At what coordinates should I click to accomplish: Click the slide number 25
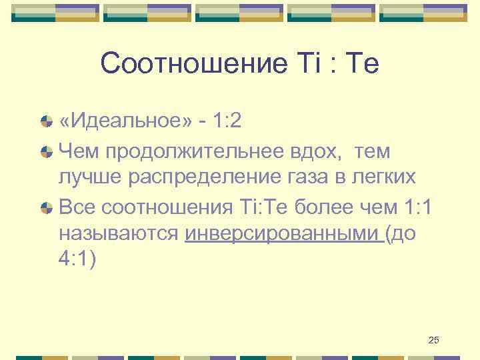[x=433, y=341]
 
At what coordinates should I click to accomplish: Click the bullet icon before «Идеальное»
[x=46, y=122]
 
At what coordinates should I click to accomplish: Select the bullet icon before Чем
[x=46, y=153]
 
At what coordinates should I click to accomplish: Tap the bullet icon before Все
[x=46, y=209]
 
